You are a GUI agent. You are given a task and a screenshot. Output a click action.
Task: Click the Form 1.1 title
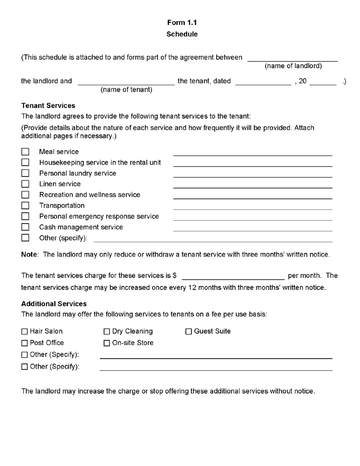coord(182,23)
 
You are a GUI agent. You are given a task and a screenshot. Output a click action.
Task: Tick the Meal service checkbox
coord(25,152)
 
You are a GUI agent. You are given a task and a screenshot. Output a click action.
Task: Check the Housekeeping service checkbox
coord(25,163)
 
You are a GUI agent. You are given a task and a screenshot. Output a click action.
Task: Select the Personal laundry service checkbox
coord(25,173)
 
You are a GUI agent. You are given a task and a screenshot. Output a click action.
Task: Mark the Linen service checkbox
coord(25,184)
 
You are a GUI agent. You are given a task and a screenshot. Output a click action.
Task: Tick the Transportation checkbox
coord(25,205)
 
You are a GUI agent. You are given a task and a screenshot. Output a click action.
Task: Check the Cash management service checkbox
coord(25,227)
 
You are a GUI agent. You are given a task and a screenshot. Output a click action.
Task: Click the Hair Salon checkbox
coord(25,331)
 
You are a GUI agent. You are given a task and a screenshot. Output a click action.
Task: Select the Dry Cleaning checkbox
coord(107,331)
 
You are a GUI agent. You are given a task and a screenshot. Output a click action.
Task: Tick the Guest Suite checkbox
coord(189,331)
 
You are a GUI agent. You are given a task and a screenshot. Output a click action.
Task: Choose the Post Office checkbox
coord(25,343)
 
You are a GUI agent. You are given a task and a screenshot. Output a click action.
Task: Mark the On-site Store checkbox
coord(107,343)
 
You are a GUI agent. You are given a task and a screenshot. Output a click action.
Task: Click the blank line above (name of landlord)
coord(292,60)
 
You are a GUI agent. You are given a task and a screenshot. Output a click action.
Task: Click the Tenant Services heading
coord(48,106)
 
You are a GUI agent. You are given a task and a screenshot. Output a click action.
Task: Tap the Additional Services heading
coord(54,304)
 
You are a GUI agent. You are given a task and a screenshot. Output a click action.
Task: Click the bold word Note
coord(30,254)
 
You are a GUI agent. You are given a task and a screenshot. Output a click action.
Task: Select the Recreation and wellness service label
coord(90,195)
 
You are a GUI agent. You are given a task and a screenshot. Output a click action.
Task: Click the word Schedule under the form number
coord(182,34)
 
